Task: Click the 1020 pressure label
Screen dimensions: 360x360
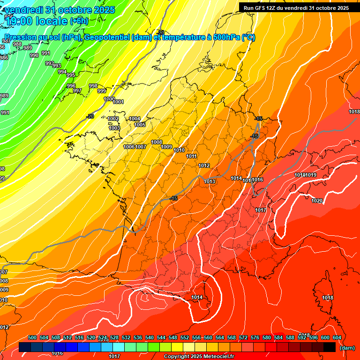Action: (x=317, y=201)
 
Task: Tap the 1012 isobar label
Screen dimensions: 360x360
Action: (x=204, y=165)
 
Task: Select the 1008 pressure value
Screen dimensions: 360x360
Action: (x=157, y=142)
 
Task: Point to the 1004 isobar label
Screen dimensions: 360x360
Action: (x=135, y=119)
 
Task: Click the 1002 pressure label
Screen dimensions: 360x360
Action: (x=113, y=119)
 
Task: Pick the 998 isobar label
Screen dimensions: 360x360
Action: (x=93, y=86)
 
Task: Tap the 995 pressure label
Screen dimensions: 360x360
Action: (x=71, y=75)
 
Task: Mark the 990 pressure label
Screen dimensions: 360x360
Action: (x=34, y=55)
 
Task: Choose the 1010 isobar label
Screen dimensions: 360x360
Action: (x=179, y=150)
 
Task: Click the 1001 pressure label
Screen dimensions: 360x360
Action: (x=118, y=102)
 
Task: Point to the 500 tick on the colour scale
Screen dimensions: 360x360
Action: (x=32, y=337)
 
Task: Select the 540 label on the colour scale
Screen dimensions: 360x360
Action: (x=150, y=337)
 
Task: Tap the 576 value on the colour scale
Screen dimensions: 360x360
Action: (x=255, y=337)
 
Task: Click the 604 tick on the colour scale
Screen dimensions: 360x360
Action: (x=337, y=337)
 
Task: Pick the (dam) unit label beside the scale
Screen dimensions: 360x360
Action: (x=347, y=347)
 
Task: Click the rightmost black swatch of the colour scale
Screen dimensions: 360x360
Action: (x=330, y=347)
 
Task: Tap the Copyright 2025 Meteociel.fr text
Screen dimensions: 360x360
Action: (x=199, y=356)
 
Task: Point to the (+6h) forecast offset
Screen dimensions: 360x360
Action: (x=79, y=21)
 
